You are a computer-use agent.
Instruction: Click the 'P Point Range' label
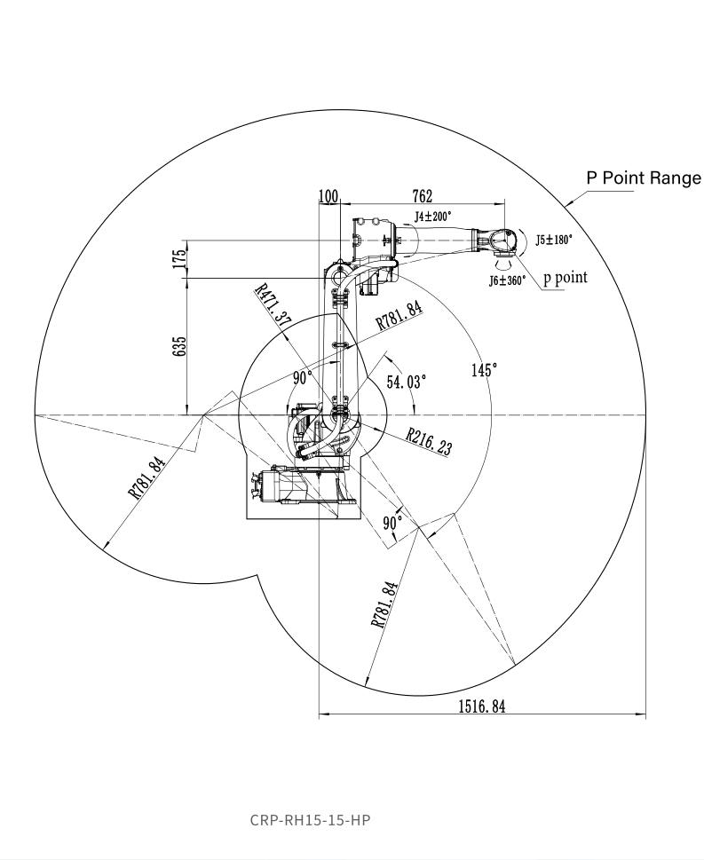pos(643,178)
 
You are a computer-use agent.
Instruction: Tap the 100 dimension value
pos(328,195)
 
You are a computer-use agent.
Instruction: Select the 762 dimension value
pos(422,195)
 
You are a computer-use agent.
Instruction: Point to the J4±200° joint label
pos(432,216)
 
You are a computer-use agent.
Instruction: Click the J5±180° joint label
pos(555,240)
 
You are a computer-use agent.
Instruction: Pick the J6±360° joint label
pos(507,280)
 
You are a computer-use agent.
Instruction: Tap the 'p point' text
pos(566,277)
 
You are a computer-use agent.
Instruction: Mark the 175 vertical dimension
pos(180,258)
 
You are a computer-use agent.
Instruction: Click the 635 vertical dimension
pos(180,346)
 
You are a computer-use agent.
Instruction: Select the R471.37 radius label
pos(273,307)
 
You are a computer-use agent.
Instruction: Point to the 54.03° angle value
pos(406,382)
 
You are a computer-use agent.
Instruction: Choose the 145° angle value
pos(484,370)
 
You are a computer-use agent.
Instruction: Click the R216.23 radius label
pos(429,441)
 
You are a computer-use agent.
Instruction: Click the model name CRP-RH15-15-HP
pos(310,819)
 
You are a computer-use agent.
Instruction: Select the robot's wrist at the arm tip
pos(498,240)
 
